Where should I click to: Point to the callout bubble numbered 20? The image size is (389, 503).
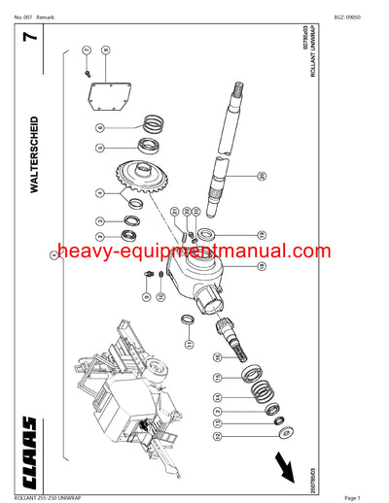(x=262, y=175)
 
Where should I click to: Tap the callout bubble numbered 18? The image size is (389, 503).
(x=261, y=234)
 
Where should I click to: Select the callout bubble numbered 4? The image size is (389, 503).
(x=100, y=193)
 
